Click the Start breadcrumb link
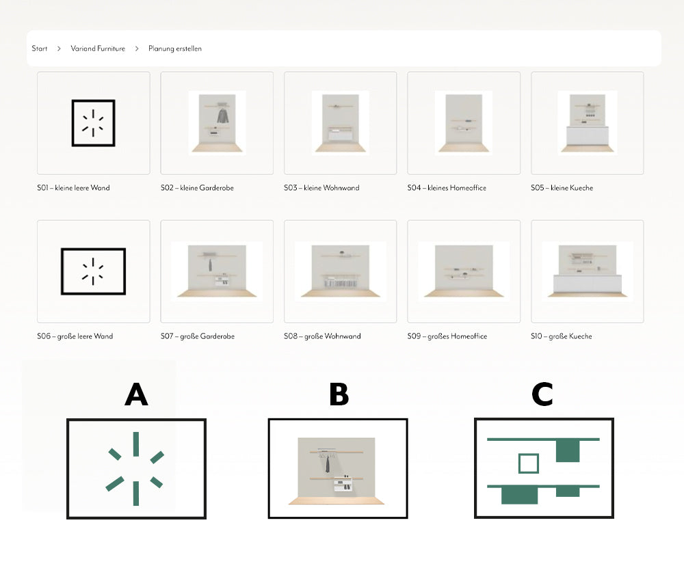tap(39, 49)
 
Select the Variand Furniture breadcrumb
tap(98, 49)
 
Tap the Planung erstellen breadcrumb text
tap(175, 49)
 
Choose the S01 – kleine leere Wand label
tap(73, 188)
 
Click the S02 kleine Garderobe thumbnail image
tap(217, 123)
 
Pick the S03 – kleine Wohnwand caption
tap(321, 188)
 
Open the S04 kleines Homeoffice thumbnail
tap(464, 123)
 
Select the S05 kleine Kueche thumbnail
tap(587, 123)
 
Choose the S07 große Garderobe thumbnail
tap(217, 271)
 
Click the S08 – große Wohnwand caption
tap(322, 336)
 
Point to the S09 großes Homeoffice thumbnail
tap(464, 271)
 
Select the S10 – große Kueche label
tap(562, 336)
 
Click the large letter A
tap(137, 394)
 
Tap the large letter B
tap(339, 394)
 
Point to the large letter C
tap(542, 394)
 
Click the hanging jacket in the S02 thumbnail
tap(223, 116)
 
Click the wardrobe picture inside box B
tap(337, 471)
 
